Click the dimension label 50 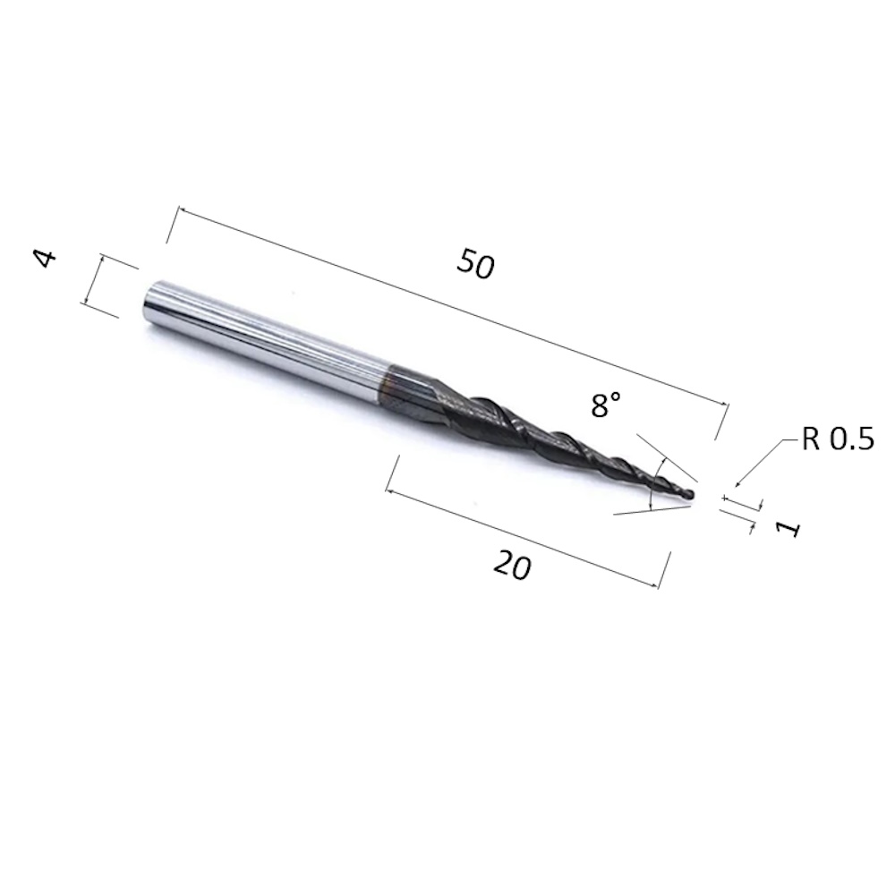tap(475, 264)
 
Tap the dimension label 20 tap(512, 566)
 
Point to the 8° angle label tap(606, 406)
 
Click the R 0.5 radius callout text tap(837, 440)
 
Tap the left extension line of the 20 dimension tap(392, 473)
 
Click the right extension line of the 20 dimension tap(665, 570)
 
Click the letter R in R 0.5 tap(811, 440)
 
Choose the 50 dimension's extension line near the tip tap(721, 422)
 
